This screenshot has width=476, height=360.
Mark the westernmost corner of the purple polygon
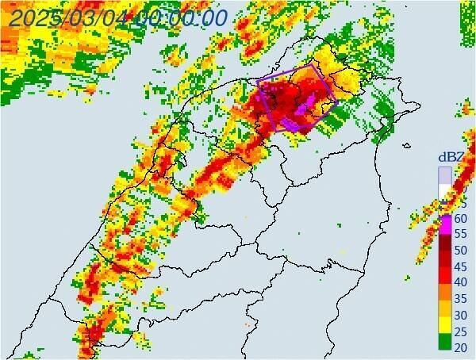(258, 80)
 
